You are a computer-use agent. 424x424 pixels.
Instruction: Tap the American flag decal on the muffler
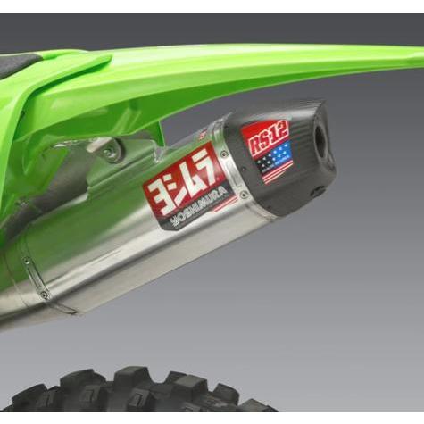tap(274, 162)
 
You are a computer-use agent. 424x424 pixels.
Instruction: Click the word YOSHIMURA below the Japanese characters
tap(200, 212)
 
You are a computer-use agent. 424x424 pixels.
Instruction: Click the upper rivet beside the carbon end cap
tap(224, 154)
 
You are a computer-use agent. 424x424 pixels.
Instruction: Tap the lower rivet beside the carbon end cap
tap(244, 195)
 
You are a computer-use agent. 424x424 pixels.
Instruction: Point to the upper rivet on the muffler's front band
tap(27, 262)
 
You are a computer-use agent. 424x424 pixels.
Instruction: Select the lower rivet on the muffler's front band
tap(45, 295)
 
